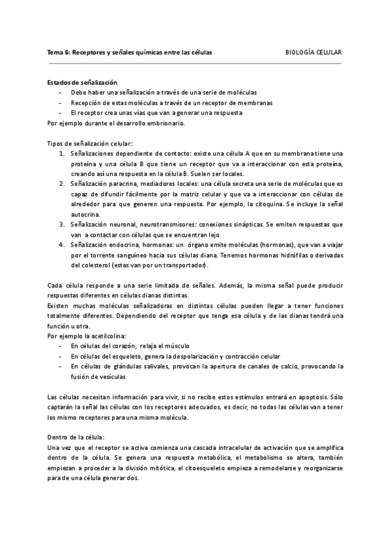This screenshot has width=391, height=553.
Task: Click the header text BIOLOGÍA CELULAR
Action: point(314,52)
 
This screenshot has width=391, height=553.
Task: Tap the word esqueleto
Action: point(123,356)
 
